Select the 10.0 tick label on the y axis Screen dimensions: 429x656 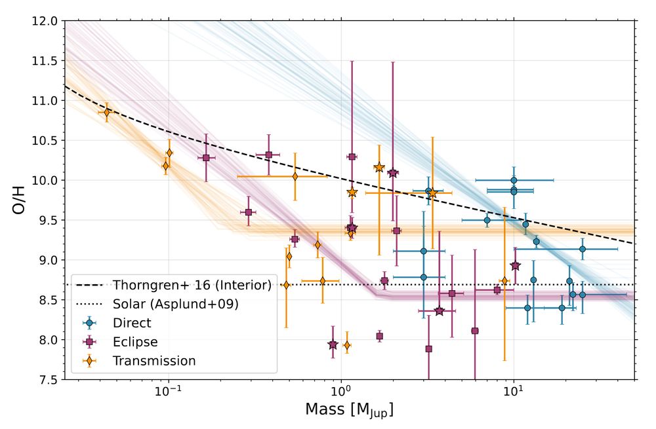[45, 180]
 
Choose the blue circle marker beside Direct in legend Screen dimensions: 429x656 [89, 323]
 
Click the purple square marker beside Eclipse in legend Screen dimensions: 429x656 [89, 342]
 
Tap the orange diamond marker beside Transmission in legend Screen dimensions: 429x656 [89, 361]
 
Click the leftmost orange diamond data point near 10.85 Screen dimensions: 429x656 [107, 113]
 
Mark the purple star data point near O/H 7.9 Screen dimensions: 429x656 [333, 345]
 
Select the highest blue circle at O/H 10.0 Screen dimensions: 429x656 [514, 179]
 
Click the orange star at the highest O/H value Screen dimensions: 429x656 [379, 168]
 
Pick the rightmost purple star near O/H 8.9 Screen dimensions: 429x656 [515, 265]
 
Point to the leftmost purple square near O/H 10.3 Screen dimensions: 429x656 [206, 158]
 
